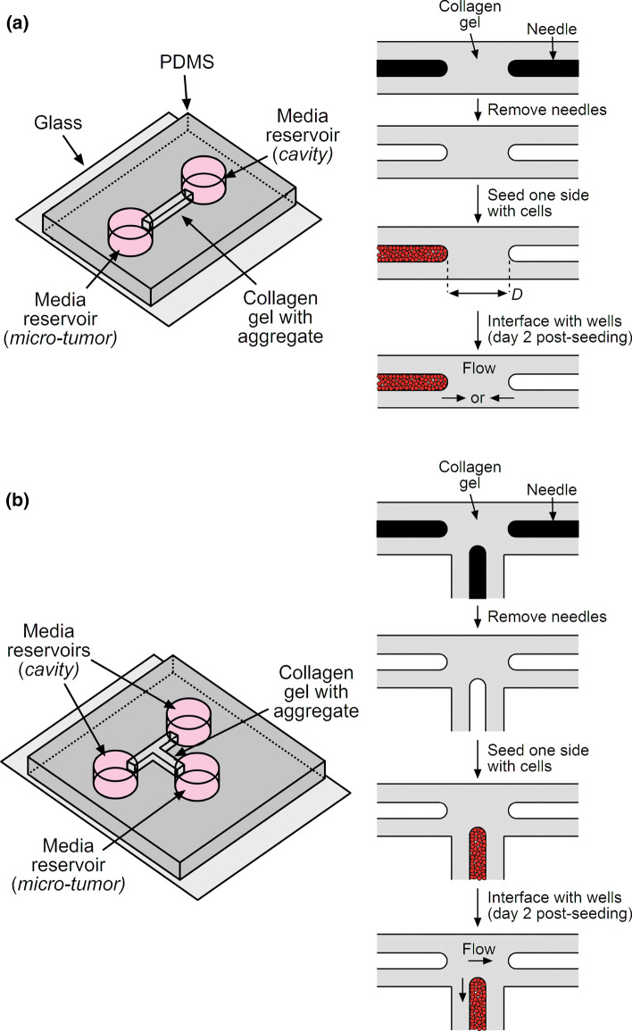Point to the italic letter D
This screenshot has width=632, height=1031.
513,293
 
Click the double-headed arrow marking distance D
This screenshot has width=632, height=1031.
478,293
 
